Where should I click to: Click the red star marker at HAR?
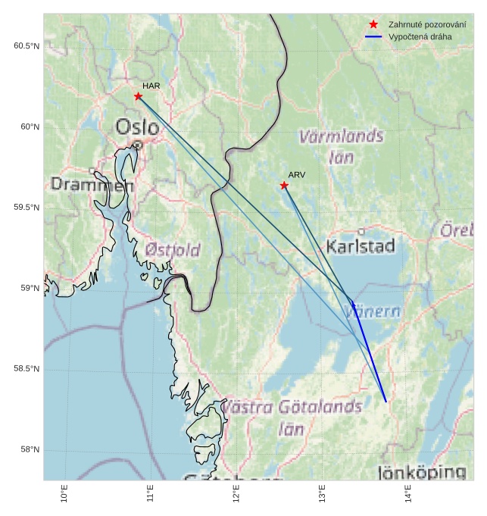coord(138,96)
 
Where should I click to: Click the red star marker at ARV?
coord(284,186)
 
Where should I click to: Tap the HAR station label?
coord(151,86)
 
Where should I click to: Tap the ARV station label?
coord(296,175)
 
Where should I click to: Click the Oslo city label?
coord(137,127)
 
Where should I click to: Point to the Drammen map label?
coord(86,184)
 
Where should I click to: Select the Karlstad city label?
coord(361,246)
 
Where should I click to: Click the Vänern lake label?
coord(373,311)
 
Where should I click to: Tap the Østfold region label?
coord(173,250)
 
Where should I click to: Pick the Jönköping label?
coord(422,473)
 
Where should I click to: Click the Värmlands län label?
coord(342,147)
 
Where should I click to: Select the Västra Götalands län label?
coord(292,417)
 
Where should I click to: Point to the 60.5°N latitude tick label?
coord(27,46)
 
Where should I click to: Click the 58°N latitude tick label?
coord(30,450)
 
